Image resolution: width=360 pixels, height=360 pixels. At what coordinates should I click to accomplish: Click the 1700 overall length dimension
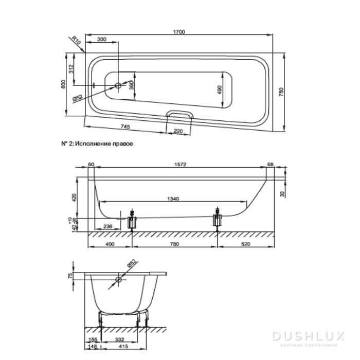179,32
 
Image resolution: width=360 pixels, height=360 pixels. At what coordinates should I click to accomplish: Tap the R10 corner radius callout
76,41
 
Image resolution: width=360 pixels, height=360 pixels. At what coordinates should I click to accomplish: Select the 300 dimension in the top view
102,39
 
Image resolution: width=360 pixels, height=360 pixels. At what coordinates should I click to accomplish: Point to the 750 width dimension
281,92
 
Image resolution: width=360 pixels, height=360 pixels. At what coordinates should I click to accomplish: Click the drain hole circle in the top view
118,85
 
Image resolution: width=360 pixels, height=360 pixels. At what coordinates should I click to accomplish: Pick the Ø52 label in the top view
77,98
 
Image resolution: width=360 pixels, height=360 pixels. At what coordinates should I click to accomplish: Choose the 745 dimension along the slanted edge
125,127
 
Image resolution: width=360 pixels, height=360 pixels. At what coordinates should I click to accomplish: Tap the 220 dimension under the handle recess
178,131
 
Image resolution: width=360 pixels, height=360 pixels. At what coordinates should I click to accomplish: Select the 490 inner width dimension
220,90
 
